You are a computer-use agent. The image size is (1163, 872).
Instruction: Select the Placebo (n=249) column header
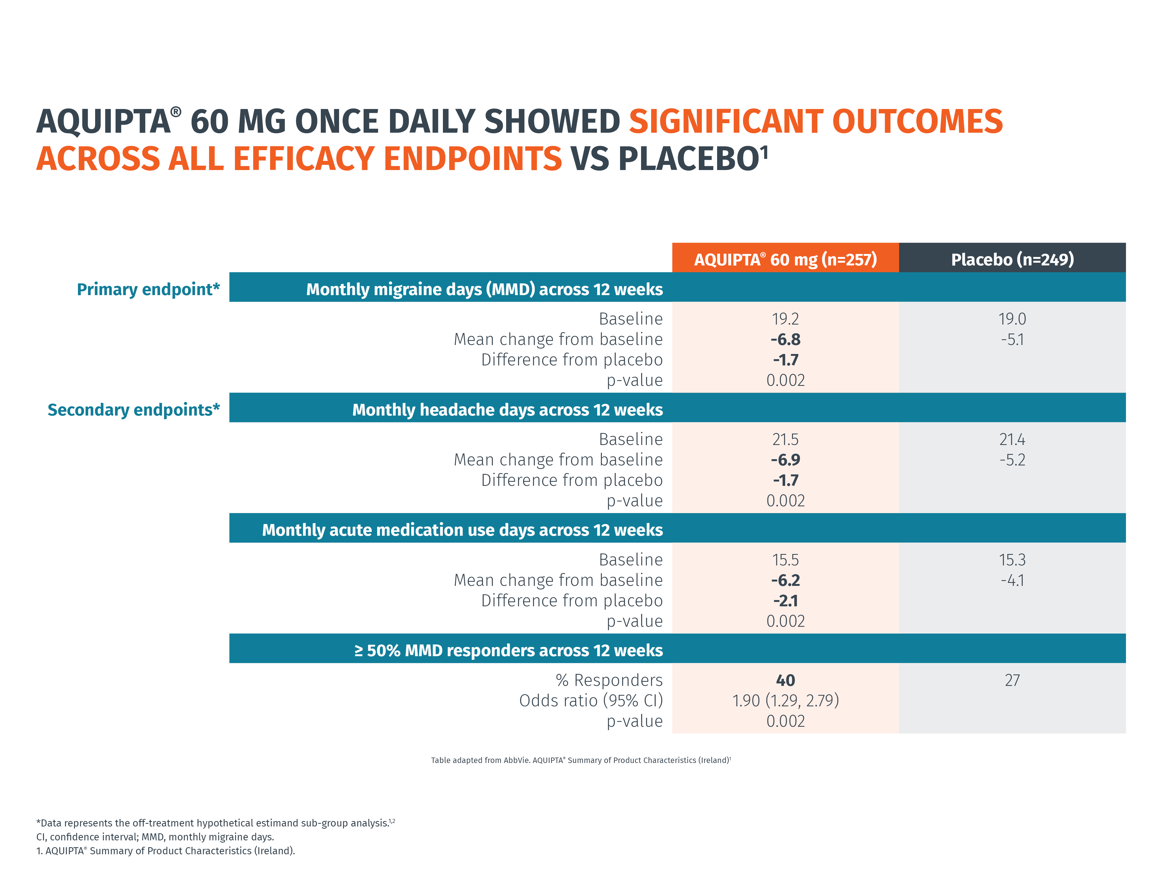[x=1012, y=259]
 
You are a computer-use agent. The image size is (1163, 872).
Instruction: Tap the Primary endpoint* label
[x=148, y=289]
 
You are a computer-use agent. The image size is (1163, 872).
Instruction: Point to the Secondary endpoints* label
[x=134, y=410]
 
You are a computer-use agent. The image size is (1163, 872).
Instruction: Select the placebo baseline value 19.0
[x=1012, y=319]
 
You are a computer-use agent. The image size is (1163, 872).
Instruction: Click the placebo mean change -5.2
[x=1012, y=459]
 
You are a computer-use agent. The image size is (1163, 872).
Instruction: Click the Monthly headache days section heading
[x=508, y=410]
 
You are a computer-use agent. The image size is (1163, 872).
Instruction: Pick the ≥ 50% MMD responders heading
[x=508, y=650]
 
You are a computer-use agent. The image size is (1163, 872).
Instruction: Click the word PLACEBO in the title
[x=689, y=158]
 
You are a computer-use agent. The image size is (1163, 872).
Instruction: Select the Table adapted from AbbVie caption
[x=581, y=760]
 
